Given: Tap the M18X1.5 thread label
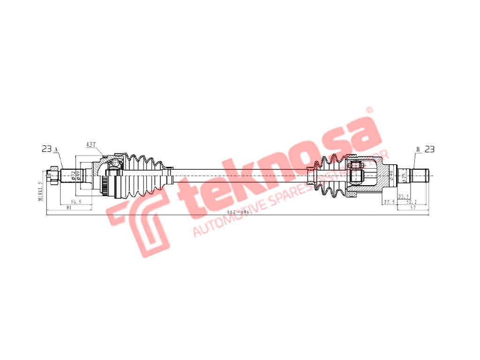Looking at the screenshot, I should [41, 191].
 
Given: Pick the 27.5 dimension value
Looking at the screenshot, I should [389, 202].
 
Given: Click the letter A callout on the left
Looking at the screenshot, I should [56, 150].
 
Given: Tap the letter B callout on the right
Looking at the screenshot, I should [417, 150].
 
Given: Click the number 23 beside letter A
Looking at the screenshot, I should [46, 149].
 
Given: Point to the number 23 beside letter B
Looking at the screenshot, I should [429, 149].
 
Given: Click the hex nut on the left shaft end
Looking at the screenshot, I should [55, 175].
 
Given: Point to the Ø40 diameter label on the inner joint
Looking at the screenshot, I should [390, 175].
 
